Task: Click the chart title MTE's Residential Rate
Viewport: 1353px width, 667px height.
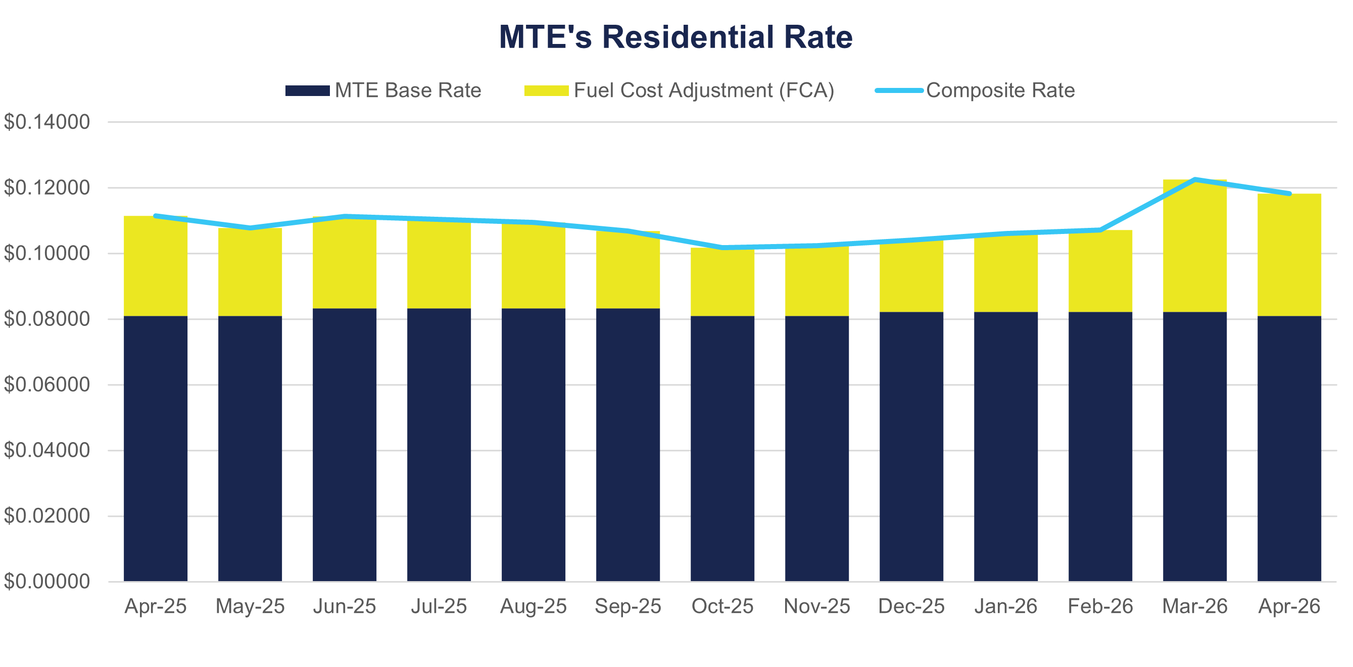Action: click(675, 37)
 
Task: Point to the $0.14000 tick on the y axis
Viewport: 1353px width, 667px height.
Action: click(47, 122)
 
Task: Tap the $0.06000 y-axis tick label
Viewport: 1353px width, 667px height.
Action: click(47, 385)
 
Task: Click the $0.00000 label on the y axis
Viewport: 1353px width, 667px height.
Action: click(47, 582)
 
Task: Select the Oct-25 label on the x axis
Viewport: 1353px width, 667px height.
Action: click(722, 606)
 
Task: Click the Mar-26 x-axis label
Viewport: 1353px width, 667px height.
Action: click(1194, 606)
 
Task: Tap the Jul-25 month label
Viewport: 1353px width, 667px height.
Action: click(439, 606)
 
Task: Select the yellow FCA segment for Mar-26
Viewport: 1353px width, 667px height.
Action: click(1194, 247)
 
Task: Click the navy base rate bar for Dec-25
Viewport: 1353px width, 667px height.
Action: click(911, 446)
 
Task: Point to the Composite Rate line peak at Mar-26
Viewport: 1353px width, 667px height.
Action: click(1195, 179)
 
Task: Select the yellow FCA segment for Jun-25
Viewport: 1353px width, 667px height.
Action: click(345, 263)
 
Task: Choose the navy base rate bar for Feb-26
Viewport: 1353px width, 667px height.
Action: click(1100, 446)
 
